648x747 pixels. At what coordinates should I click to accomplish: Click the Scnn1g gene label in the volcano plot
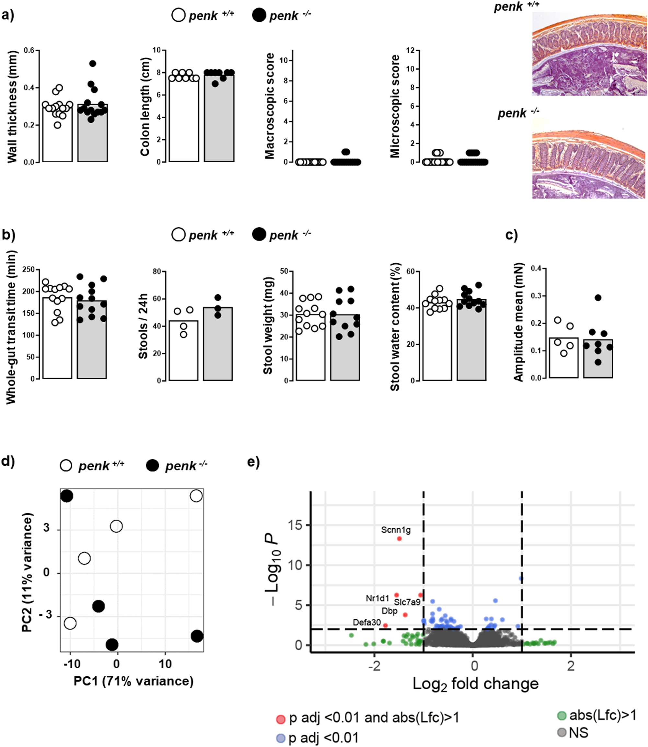point(396,530)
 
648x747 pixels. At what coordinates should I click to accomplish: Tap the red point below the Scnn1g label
point(399,539)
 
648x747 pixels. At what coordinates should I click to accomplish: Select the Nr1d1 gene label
point(377,598)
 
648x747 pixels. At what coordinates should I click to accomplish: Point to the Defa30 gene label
point(367,622)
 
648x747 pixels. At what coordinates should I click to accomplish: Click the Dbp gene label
point(389,611)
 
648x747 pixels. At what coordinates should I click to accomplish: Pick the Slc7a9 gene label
point(407,602)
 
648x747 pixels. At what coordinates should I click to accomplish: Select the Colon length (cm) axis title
point(145,107)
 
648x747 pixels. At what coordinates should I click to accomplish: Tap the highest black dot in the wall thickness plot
point(93,63)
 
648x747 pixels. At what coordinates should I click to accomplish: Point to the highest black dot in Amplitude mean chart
point(598,298)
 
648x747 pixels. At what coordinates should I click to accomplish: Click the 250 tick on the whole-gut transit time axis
point(29,270)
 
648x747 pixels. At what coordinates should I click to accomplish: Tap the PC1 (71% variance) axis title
point(133,681)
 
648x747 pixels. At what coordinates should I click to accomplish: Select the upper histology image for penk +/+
point(589,54)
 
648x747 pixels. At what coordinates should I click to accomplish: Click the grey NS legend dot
point(561,733)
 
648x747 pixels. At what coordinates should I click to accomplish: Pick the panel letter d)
point(8,462)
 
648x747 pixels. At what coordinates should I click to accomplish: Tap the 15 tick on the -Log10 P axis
point(295,525)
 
